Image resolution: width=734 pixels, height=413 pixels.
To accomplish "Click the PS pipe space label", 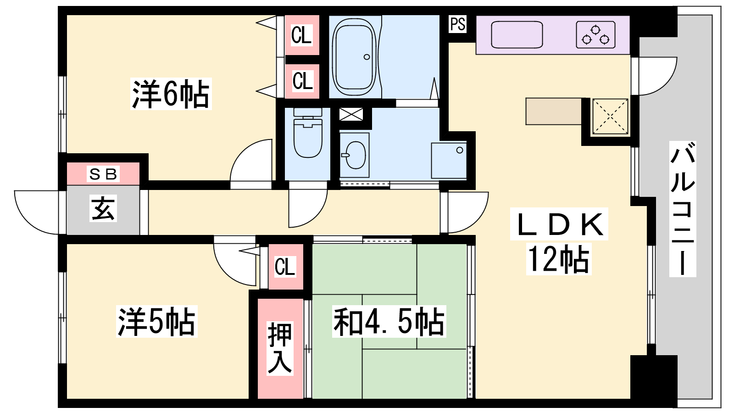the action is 458,24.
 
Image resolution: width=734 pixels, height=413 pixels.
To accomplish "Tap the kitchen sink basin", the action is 517,34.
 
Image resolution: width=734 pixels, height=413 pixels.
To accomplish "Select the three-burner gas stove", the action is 595,34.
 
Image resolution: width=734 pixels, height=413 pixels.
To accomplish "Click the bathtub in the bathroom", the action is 355,57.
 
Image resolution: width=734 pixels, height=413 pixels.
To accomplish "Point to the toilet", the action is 308,133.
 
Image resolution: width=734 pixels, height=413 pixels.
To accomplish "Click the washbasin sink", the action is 355,155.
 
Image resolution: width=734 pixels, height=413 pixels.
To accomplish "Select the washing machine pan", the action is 449,160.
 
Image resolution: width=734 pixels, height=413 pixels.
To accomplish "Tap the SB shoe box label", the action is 103,174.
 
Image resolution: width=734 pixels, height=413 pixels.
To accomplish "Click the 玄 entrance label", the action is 103,208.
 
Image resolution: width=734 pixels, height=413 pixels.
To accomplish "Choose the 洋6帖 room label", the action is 171,94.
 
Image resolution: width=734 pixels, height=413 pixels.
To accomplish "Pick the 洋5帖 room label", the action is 156,321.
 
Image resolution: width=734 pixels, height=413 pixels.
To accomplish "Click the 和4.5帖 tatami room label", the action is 389,321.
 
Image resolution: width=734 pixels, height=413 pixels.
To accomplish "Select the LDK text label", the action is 559,224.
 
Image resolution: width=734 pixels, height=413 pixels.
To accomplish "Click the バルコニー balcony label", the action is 683,209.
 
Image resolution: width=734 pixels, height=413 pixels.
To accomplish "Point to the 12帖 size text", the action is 559,259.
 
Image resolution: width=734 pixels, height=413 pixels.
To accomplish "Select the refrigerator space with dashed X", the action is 610,117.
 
